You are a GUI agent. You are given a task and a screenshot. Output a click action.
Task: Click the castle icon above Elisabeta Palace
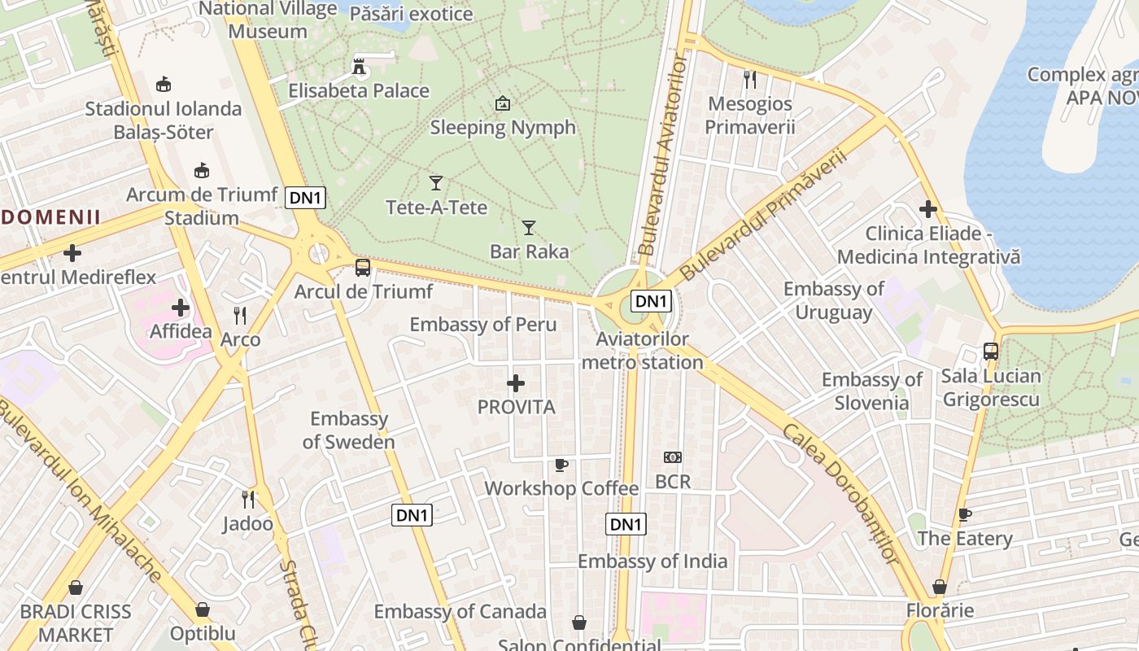pos(358,66)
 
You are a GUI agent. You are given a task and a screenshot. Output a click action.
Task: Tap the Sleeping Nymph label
pos(503,128)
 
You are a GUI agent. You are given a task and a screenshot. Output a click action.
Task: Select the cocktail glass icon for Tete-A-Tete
pos(436,183)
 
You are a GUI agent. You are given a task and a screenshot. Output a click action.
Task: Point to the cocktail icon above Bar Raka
pos(529,227)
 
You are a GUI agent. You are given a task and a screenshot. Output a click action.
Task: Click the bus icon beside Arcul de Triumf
pos(363,267)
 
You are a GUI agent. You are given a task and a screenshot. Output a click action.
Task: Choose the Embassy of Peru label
pos(483,325)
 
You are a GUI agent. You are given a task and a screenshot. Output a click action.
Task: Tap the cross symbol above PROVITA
pos(516,383)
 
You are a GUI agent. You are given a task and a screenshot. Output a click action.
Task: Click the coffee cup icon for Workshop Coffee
pos(561,465)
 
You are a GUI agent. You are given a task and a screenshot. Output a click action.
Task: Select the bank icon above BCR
pos(673,457)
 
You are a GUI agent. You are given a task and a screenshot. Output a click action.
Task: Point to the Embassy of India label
pos(652,561)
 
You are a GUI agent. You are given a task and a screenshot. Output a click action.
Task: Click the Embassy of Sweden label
pos(349,430)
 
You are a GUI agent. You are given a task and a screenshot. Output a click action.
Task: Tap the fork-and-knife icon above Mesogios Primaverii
pos(750,80)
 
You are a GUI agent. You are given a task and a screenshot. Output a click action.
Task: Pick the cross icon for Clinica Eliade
pos(928,210)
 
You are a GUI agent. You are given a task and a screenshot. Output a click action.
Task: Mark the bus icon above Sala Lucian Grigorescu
pos(991,352)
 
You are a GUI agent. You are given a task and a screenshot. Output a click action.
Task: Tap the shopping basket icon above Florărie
pos(940,587)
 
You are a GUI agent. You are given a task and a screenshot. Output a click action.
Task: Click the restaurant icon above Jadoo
pos(248,499)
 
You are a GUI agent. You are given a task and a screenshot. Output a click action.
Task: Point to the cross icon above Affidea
pos(181,308)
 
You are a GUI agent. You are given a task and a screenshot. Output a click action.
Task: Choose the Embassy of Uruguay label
pos(834,300)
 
